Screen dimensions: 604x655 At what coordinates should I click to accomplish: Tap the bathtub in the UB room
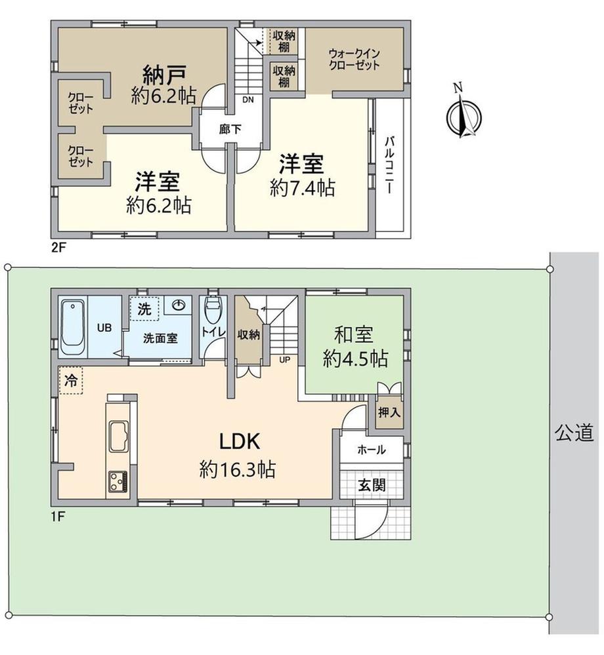(73, 328)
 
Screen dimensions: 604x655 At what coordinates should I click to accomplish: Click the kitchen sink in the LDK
(119, 436)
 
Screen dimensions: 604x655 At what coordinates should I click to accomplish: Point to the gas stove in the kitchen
(118, 481)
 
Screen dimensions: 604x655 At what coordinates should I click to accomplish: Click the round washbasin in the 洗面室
(178, 306)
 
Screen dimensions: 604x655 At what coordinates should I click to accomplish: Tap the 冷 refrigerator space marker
(71, 380)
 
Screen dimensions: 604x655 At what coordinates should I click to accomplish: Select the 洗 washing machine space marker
(144, 309)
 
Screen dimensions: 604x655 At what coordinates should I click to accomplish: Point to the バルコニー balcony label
(389, 165)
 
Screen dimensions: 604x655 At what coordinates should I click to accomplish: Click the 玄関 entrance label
(372, 485)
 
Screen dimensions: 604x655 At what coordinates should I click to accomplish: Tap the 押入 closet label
(389, 412)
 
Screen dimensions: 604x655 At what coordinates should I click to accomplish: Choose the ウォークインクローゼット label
(354, 59)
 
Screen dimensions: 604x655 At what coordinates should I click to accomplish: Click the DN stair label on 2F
(248, 100)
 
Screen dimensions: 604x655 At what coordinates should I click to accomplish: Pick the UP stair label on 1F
(284, 360)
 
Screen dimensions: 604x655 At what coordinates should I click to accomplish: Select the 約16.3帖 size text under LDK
(237, 469)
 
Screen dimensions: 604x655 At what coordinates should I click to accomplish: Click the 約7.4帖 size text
(302, 188)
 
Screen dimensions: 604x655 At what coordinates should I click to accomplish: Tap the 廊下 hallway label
(230, 130)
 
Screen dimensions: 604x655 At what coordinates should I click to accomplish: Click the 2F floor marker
(58, 248)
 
